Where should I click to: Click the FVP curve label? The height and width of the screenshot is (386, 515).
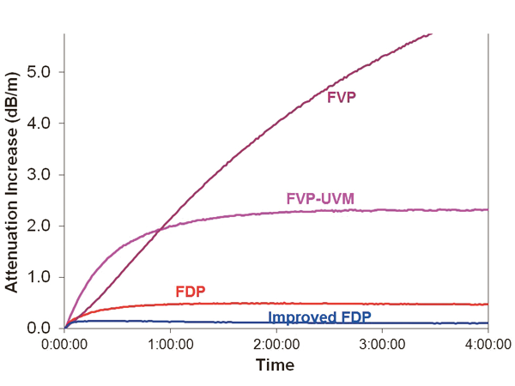[x=342, y=98]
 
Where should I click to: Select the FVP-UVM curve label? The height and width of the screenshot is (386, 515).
[x=320, y=199]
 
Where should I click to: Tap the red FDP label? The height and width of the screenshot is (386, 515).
[x=191, y=290]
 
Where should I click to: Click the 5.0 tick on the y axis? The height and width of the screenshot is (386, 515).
[x=40, y=71]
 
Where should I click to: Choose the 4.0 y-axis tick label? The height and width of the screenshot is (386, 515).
[x=40, y=123]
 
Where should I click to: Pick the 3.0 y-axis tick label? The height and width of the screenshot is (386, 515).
[x=40, y=174]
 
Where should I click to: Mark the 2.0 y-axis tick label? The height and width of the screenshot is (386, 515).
[x=40, y=226]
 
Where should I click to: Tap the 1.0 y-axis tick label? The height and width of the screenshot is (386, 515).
[x=40, y=277]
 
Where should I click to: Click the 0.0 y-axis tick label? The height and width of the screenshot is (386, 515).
[x=40, y=329]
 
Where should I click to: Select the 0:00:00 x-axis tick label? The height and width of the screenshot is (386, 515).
[x=65, y=345]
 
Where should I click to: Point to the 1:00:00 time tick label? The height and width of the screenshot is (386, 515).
[x=171, y=345]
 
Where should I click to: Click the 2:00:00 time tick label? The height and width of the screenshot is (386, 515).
[x=276, y=345]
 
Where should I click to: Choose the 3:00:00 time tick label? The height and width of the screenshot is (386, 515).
[x=382, y=345]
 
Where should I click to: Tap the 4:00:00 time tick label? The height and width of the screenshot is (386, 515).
[x=486, y=345]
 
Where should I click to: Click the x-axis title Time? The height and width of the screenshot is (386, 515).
[x=275, y=365]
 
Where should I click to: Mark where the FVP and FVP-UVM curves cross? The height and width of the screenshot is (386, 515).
[x=163, y=230]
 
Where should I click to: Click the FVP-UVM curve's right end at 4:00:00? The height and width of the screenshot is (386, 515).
[x=487, y=209]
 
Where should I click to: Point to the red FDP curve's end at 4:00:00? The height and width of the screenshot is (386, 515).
[x=487, y=304]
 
